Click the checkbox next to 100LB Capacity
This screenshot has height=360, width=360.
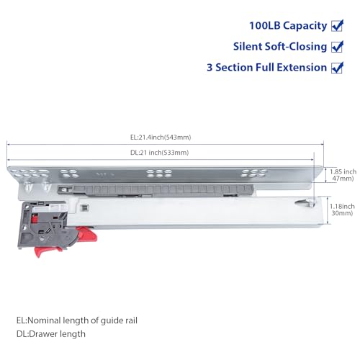[x=337, y=26]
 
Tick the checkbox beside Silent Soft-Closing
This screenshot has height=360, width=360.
[x=337, y=47]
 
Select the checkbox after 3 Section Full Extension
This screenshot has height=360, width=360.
[x=337, y=68]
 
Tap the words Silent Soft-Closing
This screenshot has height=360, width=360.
[x=279, y=48]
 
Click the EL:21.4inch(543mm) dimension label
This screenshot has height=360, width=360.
[x=161, y=137]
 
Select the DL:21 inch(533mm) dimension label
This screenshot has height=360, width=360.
[x=160, y=153]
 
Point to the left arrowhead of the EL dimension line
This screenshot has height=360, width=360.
[x=9, y=143]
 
